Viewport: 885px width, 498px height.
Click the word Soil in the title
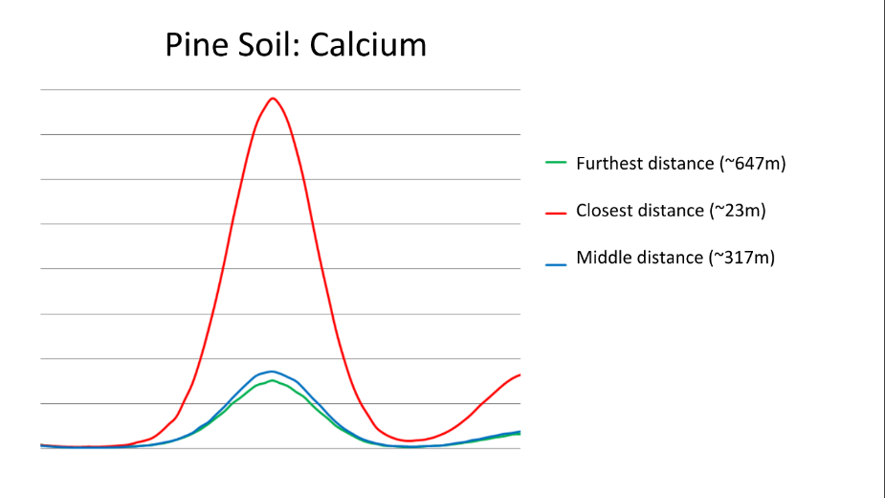pyautogui.click(x=269, y=45)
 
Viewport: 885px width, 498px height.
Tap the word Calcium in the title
pyautogui.click(x=368, y=45)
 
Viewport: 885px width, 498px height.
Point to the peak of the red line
pyautogui.click(x=273, y=99)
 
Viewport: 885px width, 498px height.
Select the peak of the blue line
pyautogui.click(x=272, y=372)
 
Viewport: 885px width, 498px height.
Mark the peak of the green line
pyautogui.click(x=273, y=380)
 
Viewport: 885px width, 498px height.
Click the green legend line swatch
pyautogui.click(x=555, y=163)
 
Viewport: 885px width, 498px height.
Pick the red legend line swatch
pyautogui.click(x=555, y=214)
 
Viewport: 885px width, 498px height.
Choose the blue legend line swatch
pyautogui.click(x=555, y=264)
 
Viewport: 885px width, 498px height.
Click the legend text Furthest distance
pyautogui.click(x=645, y=164)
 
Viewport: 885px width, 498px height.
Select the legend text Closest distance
pyautogui.click(x=640, y=211)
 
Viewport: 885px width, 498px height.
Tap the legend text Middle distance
pyautogui.click(x=639, y=258)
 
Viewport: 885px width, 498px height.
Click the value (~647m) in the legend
pyautogui.click(x=753, y=164)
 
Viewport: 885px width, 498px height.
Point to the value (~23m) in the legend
pyautogui.click(x=738, y=211)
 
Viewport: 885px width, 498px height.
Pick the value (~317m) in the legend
pyautogui.click(x=741, y=258)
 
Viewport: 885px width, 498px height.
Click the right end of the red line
pyautogui.click(x=520, y=374)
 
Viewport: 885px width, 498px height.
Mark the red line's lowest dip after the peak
pyautogui.click(x=409, y=441)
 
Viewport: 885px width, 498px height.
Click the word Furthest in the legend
pyautogui.click(x=609, y=164)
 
